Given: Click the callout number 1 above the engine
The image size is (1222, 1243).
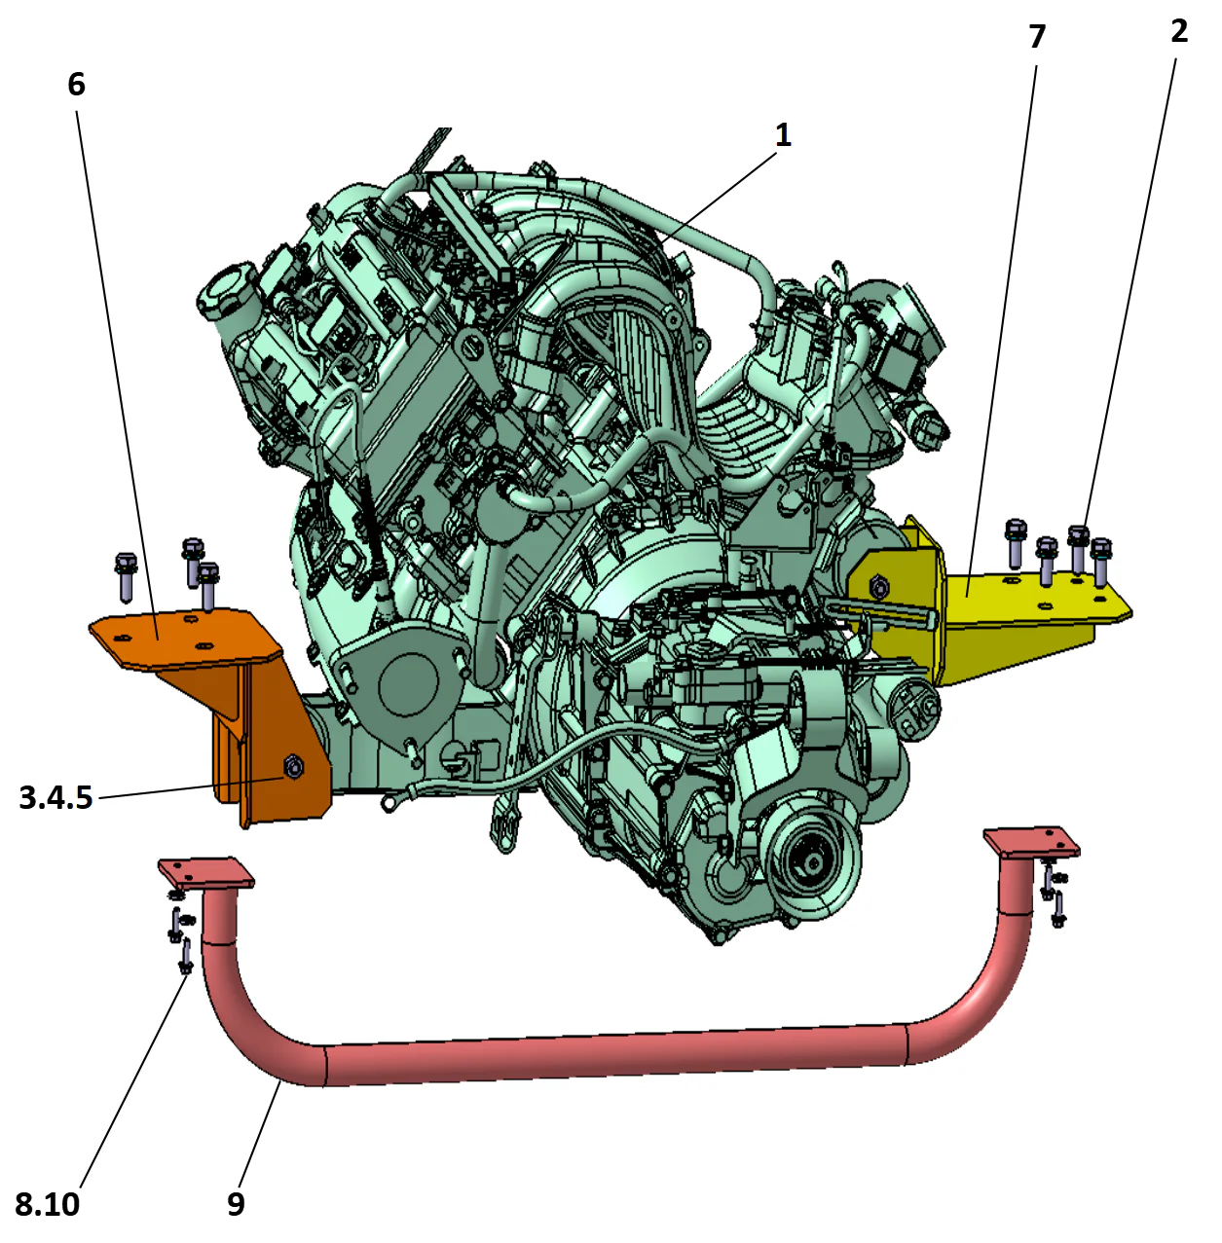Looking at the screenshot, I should (783, 137).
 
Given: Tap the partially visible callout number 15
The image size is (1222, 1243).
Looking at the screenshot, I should (80, 798).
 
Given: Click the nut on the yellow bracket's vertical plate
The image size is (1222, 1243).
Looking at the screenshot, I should (879, 586).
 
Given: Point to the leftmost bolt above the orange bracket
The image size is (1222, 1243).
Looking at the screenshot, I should (127, 575).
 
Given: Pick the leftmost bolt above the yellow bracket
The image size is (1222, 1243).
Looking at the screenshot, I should (1016, 542).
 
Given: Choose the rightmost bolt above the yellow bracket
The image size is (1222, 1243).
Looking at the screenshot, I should (1101, 560).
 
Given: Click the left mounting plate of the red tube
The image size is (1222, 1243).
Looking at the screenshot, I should (206, 871).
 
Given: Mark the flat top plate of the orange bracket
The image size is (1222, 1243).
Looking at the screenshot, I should (175, 638).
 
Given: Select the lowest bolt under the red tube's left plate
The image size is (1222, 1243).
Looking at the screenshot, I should (185, 958).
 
